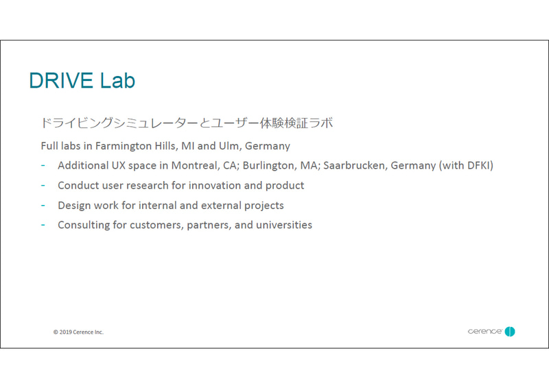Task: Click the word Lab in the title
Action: (x=117, y=81)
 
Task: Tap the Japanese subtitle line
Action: (x=187, y=123)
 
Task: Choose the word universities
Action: (x=284, y=226)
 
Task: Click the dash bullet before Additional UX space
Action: (x=43, y=166)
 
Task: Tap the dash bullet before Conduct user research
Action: (x=43, y=186)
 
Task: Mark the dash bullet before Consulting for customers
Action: (x=43, y=226)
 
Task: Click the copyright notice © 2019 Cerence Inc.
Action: (x=78, y=332)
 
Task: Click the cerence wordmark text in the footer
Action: (x=484, y=332)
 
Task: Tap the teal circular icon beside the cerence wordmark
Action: (x=510, y=332)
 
